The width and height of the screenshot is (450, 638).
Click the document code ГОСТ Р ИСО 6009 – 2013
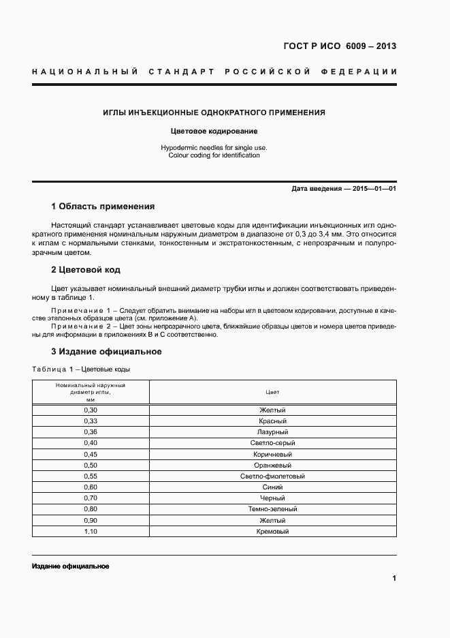click(x=339, y=46)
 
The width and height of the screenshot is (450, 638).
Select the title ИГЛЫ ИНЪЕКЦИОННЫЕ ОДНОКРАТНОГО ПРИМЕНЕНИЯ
click(x=214, y=112)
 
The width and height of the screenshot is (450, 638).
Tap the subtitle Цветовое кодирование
click(x=214, y=131)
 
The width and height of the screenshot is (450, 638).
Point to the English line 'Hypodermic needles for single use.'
click(x=214, y=147)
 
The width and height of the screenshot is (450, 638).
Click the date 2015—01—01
click(x=374, y=189)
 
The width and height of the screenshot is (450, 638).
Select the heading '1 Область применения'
click(x=103, y=207)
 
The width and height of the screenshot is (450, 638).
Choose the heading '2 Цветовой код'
click(x=86, y=270)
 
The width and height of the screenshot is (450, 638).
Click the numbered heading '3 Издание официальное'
click(x=106, y=352)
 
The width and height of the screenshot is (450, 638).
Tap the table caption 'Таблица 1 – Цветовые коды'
click(x=81, y=369)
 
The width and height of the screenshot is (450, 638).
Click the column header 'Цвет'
click(x=272, y=393)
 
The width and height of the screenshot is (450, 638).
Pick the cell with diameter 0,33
click(x=91, y=421)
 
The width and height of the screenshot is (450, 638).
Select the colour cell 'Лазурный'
click(x=272, y=431)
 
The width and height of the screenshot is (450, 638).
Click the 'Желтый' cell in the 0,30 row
click(x=272, y=410)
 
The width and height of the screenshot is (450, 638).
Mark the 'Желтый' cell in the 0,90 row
click(x=272, y=520)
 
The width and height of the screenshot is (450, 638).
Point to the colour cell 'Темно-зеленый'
click(x=272, y=509)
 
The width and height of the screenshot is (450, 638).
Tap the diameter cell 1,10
click(x=91, y=531)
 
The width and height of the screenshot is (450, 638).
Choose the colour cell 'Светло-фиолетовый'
click(x=272, y=476)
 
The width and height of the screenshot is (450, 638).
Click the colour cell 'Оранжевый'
click(x=272, y=465)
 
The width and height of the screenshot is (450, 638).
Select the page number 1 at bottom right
click(x=394, y=579)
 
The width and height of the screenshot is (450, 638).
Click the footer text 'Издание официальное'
click(x=71, y=567)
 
